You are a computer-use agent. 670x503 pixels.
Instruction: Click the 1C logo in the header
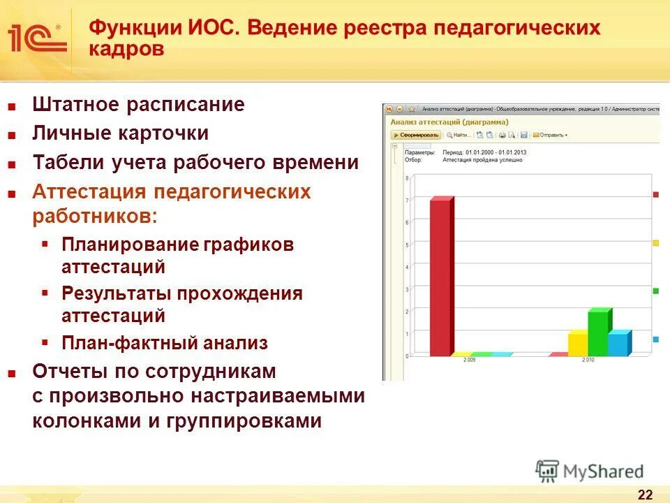pyautogui.click(x=38, y=39)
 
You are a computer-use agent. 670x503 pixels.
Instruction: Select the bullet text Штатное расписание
pyautogui.click(x=138, y=105)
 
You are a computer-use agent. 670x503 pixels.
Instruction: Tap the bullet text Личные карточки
pyautogui.click(x=120, y=133)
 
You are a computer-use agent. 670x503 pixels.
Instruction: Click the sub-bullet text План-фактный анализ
pyautogui.click(x=165, y=343)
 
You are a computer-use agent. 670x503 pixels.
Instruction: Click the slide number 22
pyautogui.click(x=645, y=495)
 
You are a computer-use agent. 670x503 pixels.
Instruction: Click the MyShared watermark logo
pyautogui.click(x=590, y=472)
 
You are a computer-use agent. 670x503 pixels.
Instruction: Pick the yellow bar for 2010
pyautogui.click(x=578, y=344)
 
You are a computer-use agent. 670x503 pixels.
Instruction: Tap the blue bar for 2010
pyautogui.click(x=618, y=344)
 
